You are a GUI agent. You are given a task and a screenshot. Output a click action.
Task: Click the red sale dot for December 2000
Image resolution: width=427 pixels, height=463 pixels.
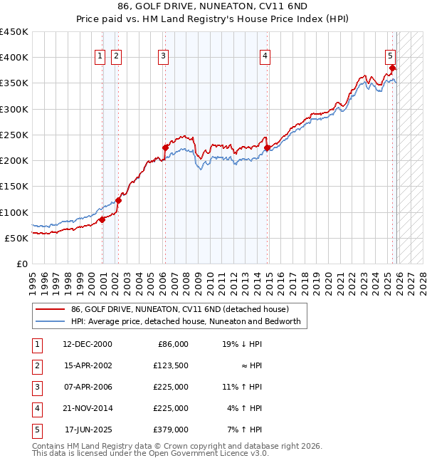[102, 219]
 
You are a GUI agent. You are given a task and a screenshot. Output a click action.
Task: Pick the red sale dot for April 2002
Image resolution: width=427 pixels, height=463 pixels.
[118, 200]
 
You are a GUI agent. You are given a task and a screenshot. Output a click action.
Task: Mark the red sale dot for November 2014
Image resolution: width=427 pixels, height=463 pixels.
[268, 148]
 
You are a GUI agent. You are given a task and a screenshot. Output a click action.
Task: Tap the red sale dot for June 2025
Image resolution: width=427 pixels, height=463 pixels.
[392, 68]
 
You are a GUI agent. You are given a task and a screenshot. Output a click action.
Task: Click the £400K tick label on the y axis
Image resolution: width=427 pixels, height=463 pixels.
[14, 58]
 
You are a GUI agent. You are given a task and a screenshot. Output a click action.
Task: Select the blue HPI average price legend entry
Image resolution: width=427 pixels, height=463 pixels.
[186, 321]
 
